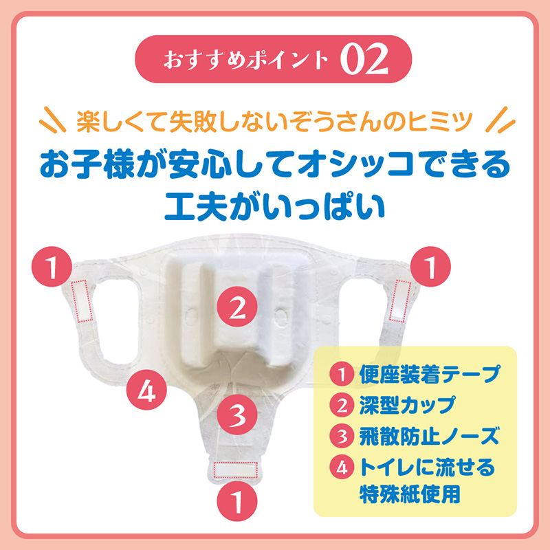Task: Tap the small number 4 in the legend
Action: [342, 467]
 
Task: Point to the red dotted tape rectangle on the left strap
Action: [80, 301]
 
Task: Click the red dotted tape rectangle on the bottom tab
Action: [236, 470]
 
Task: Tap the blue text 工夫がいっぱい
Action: [275, 207]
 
